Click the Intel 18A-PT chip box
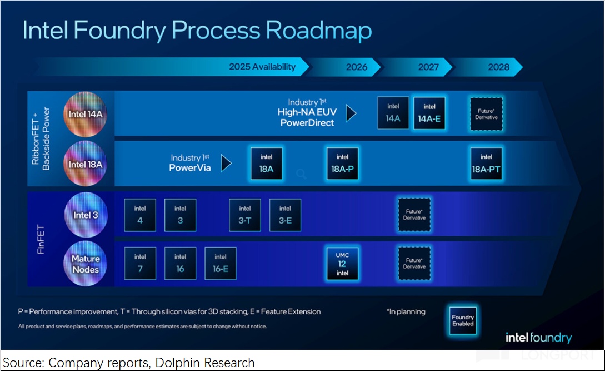point(486,164)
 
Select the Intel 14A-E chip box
point(429,113)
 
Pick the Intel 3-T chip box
point(245,215)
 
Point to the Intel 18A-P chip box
point(342,164)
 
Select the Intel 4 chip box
point(140,215)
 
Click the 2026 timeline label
point(357,67)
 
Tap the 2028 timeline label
point(498,67)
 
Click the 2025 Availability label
point(262,67)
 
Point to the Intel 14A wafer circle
point(85,115)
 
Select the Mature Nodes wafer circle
point(85,264)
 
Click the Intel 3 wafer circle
point(85,215)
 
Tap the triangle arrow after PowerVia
point(226,163)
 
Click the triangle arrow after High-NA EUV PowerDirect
point(351,113)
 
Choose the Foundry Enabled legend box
point(463,320)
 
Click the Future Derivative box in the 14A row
point(486,114)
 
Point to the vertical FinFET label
point(41,240)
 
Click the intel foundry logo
point(538,338)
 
